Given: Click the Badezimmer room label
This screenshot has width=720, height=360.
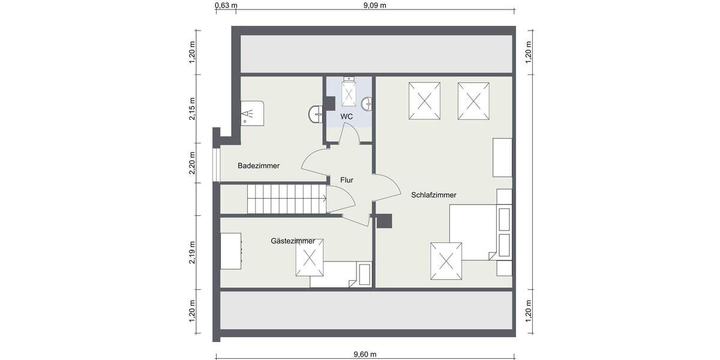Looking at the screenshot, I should (258, 166).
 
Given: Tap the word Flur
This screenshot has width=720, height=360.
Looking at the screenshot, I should (346, 180).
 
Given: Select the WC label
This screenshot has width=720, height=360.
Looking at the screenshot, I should (346, 116).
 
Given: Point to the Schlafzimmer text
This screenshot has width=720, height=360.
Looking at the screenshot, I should (434, 195).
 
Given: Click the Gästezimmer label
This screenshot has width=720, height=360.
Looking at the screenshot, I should (293, 241).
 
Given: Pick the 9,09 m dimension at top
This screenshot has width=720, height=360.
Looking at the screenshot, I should (374, 6).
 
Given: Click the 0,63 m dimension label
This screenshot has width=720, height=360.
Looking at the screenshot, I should (226, 6).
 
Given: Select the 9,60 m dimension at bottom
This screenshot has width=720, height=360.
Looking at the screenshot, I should (365, 354).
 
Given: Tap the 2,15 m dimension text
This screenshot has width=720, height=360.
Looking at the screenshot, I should (193, 109).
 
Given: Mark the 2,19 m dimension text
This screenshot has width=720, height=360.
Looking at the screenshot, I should (193, 252).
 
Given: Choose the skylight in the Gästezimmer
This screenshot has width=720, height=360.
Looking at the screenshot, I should (310, 257).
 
